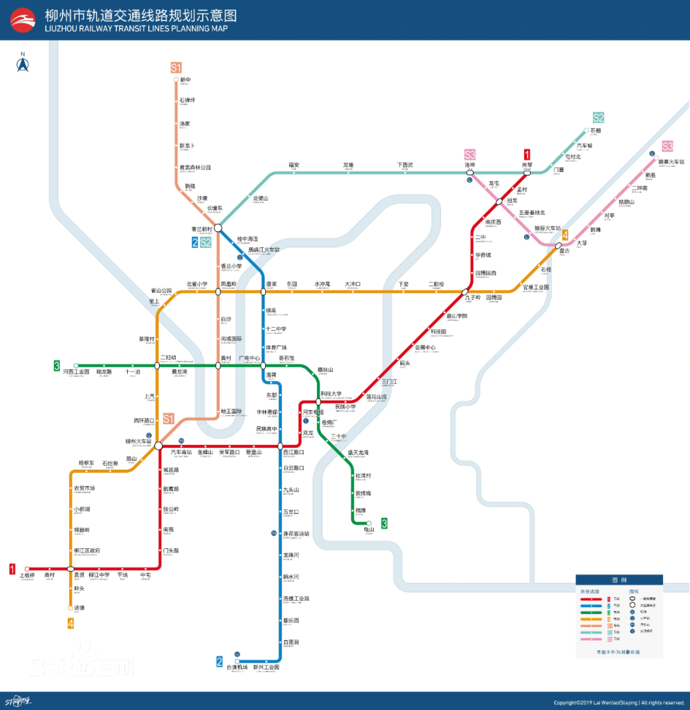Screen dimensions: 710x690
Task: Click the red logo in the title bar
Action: pos(23,20)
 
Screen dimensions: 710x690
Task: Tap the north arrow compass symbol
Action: pos(23,64)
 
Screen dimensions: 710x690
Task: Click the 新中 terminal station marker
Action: pos(176,80)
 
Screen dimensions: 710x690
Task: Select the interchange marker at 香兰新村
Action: pos(218,228)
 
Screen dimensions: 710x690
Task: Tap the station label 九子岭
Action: pos(473,298)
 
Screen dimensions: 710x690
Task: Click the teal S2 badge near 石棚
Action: pos(598,118)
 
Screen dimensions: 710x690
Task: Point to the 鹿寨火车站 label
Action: pos(671,162)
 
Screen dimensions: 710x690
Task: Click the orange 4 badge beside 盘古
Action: pos(565,235)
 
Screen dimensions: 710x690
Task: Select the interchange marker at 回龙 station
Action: pos(499,201)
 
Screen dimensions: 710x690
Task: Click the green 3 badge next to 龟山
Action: pos(384,523)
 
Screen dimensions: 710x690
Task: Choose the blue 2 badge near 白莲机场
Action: pos(219,661)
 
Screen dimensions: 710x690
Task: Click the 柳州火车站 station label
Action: pos(139,442)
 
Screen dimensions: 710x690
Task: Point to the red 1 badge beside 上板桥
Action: pos(12,569)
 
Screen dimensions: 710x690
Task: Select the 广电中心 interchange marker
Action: pos(263,366)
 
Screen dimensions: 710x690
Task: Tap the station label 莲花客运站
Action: pos(296,534)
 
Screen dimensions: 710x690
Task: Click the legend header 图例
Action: pos(619,580)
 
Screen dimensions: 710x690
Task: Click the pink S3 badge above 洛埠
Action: pos(470,155)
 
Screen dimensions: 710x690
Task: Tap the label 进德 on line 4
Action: pos(79,608)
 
